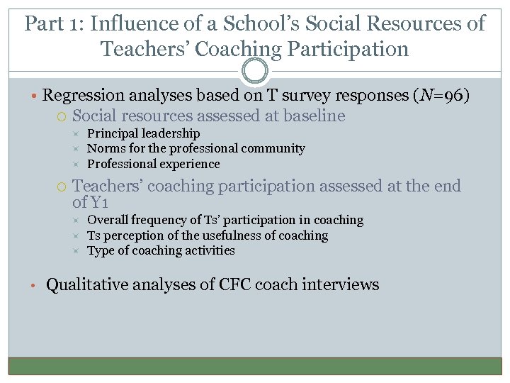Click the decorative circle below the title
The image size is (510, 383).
[x=255, y=71]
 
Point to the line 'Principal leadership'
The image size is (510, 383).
[x=143, y=133]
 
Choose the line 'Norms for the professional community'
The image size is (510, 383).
[x=195, y=148]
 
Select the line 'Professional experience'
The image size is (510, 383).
[x=153, y=164]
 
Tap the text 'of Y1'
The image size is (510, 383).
[x=90, y=202]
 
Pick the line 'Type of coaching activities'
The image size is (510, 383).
[x=161, y=250]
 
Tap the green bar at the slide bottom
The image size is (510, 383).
[x=255, y=365]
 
